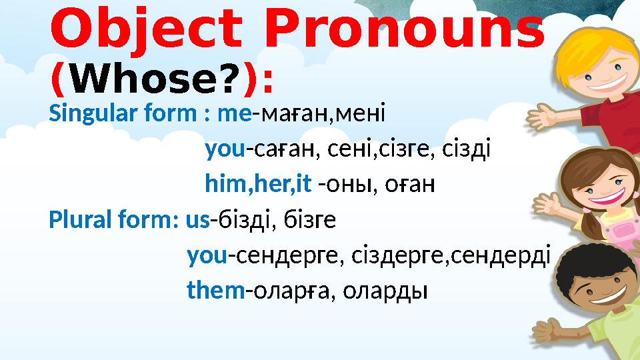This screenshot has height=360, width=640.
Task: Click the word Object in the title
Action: coord(144,30)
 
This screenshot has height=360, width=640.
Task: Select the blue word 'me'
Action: coord(239,113)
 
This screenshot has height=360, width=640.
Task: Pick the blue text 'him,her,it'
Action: coord(258,183)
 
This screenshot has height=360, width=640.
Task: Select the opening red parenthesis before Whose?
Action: coord(57,81)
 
